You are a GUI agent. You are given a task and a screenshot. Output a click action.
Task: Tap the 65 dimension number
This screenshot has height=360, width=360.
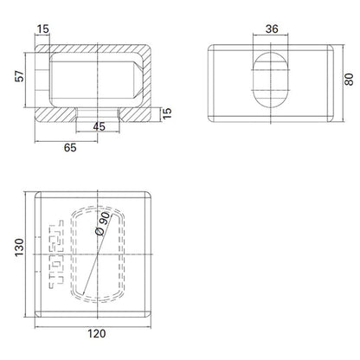point(69,148)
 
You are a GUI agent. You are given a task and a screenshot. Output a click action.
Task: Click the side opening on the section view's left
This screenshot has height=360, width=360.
point(41,79)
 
